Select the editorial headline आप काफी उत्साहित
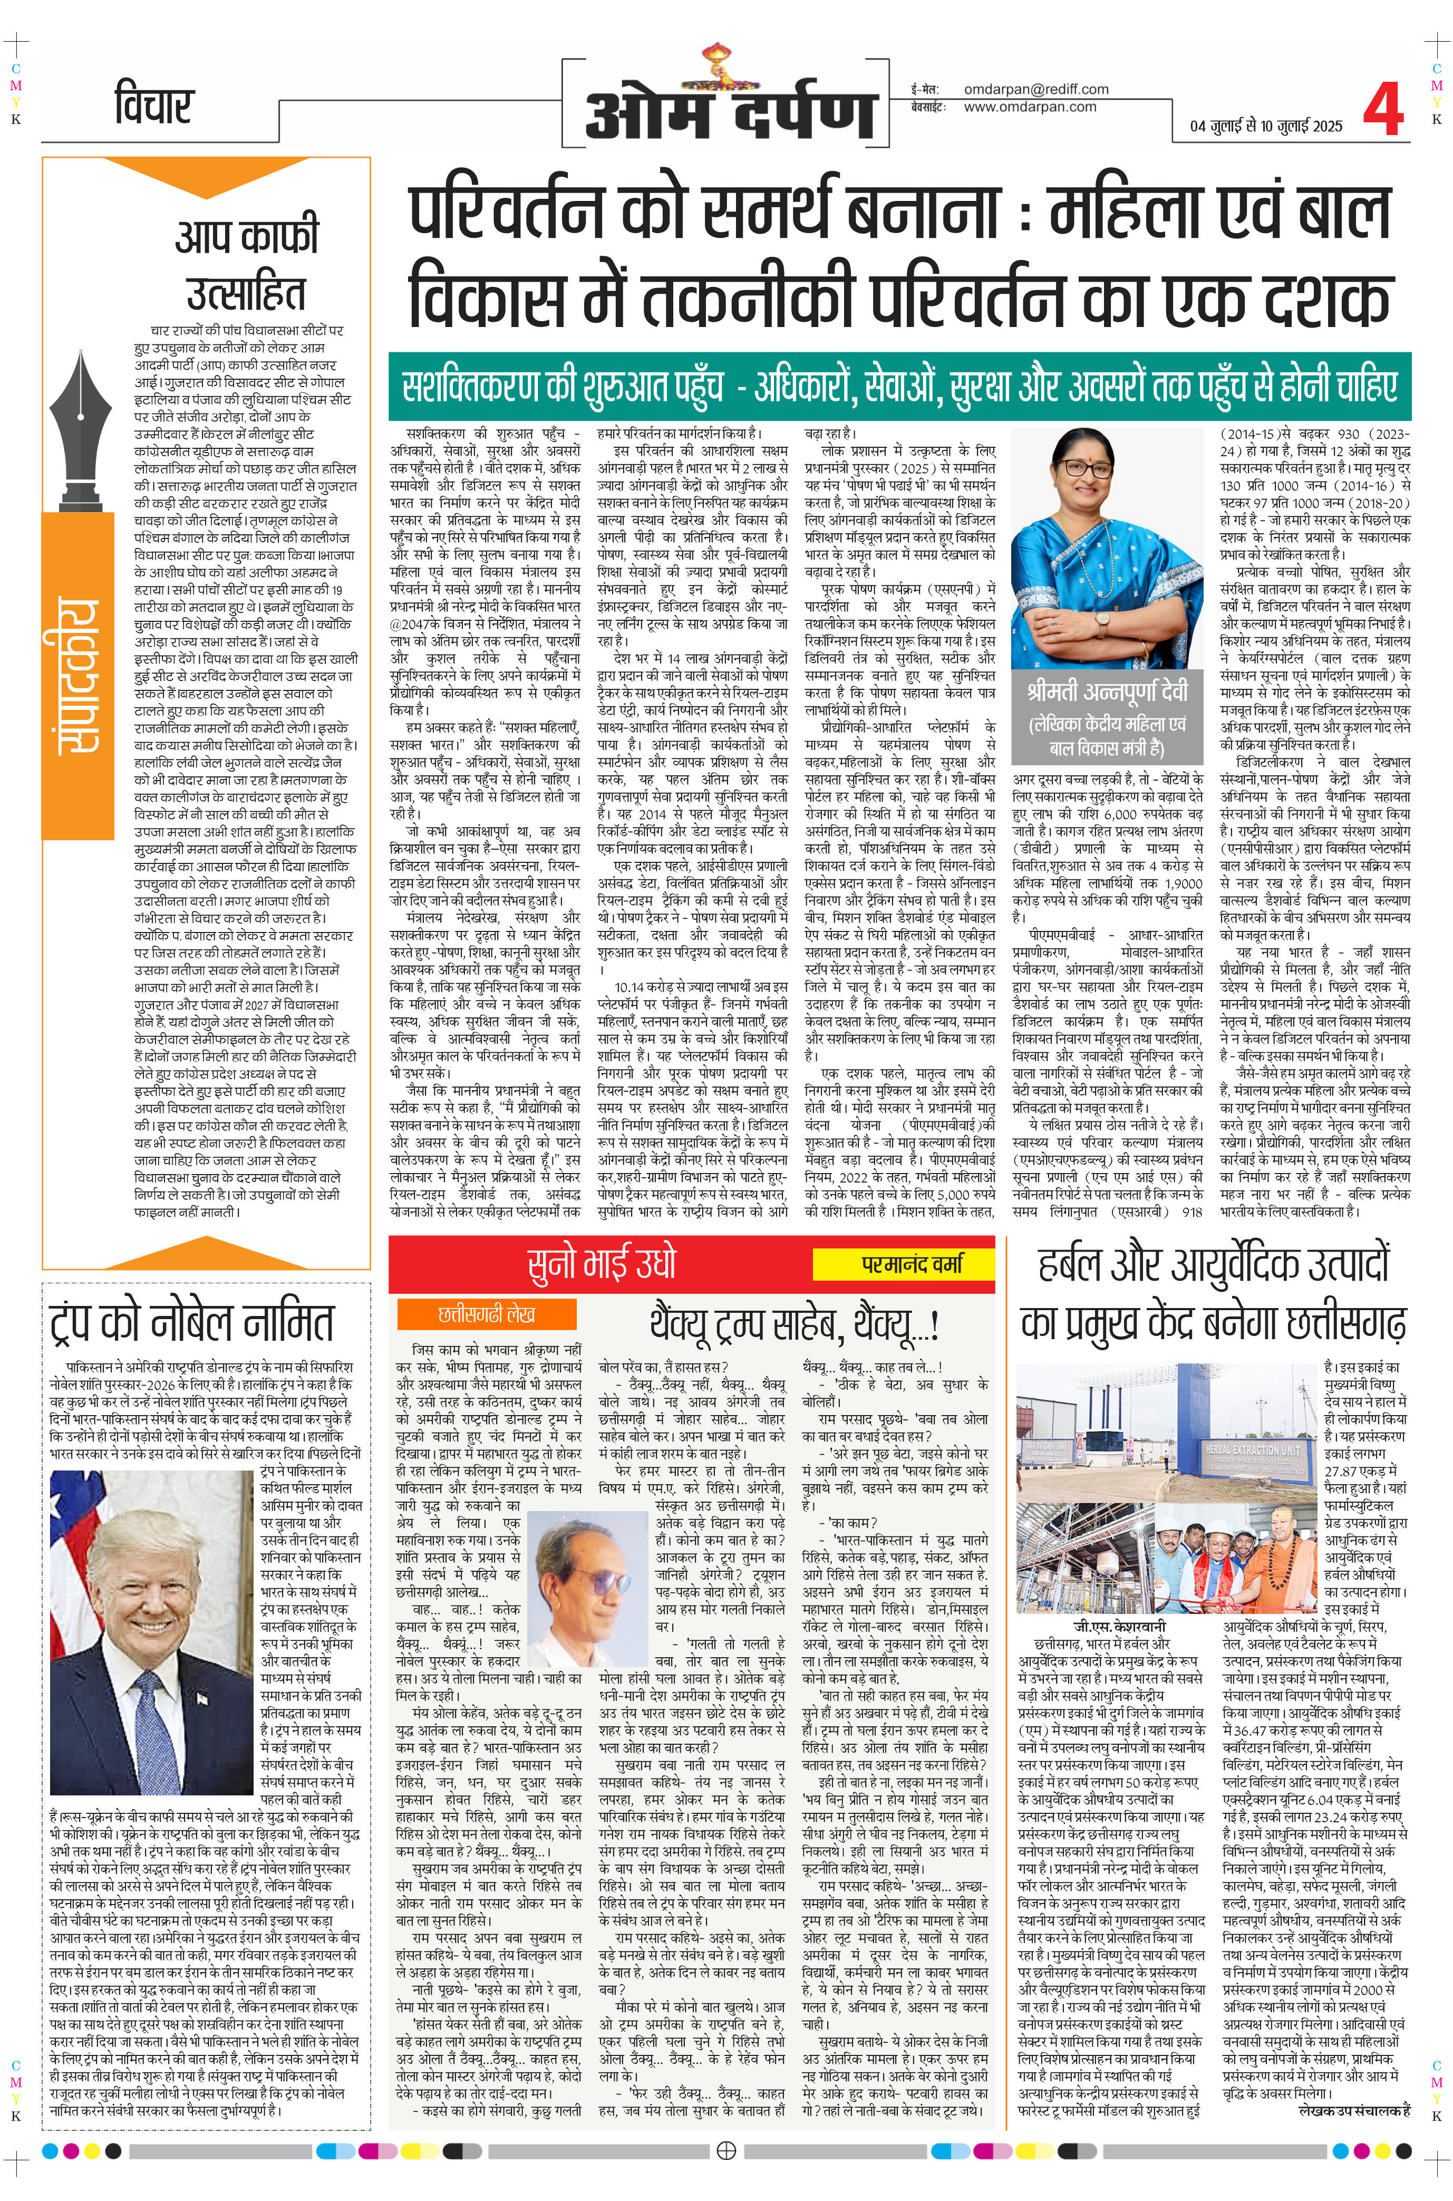click(x=246, y=264)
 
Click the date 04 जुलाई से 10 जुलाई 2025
click(x=1266, y=126)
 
